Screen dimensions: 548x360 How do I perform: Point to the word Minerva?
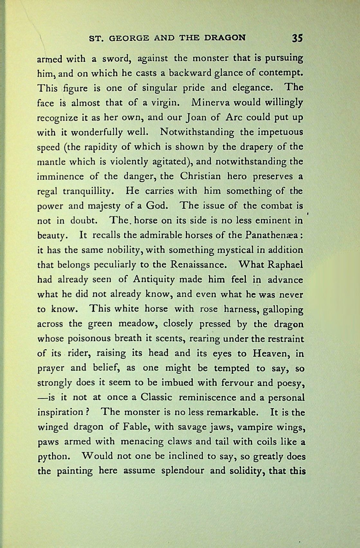(x=210, y=103)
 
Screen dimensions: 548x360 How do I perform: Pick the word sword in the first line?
(x=115, y=59)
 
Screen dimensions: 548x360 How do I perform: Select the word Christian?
(x=200, y=177)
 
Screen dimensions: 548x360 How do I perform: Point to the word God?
(x=157, y=206)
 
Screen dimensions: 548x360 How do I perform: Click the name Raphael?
(x=284, y=265)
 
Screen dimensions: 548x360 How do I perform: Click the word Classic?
(x=156, y=397)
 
